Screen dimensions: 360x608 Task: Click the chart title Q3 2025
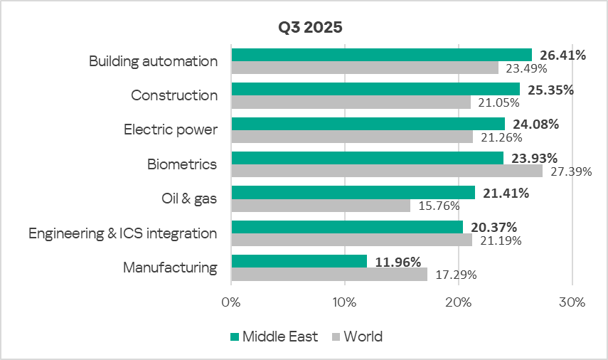tap(310, 28)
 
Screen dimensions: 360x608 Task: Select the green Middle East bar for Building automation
tap(381, 55)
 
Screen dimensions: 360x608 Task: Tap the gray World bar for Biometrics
tap(387, 171)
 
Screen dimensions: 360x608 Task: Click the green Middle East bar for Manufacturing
tap(299, 261)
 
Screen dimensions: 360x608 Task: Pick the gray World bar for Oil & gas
tap(321, 206)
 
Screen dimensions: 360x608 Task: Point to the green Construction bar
tap(375, 89)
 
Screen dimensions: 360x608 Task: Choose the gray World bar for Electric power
tap(352, 137)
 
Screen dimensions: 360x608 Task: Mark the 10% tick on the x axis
tap(345, 302)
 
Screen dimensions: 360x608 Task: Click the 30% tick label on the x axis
tap(572, 302)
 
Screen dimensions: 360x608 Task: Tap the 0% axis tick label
tap(232, 302)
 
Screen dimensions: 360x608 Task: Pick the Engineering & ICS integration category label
tap(123, 233)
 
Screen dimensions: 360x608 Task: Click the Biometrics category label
tap(182, 164)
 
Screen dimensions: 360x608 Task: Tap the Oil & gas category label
tap(188, 198)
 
